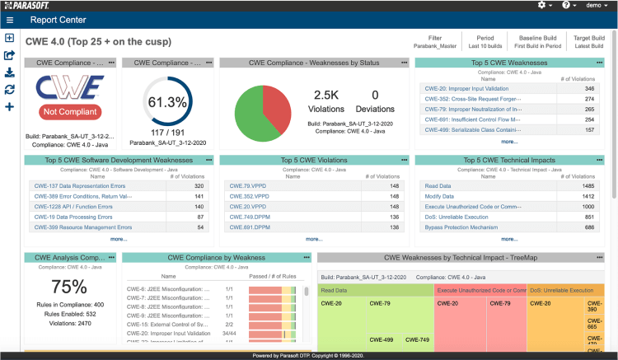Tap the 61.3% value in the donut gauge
point(167,103)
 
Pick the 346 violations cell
point(589,88)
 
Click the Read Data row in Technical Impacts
point(438,185)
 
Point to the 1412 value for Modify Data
point(588,196)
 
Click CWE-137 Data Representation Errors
point(83,185)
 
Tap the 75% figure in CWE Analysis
point(69,287)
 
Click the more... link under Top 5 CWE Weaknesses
point(509,141)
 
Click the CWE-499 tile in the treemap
point(381,339)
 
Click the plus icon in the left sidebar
point(9,106)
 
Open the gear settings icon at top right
point(542,5)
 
